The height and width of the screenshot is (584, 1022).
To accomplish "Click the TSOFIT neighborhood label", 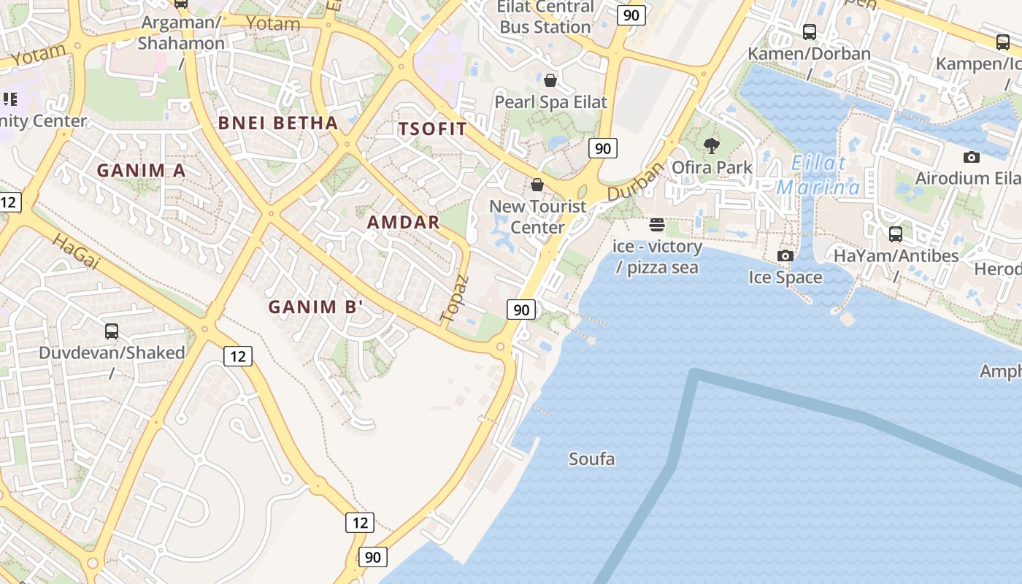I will point(432,129).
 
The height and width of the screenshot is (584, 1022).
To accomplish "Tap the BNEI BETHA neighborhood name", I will point(278,123).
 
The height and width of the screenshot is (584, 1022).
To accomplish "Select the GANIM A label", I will point(142,170).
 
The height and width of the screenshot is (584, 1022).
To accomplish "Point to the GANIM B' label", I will point(315,307).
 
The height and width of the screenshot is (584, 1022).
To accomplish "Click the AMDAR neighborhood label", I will point(404,222).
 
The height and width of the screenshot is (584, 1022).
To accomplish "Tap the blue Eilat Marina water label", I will point(818,175).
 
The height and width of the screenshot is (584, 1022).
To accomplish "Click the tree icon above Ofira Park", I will point(712,146).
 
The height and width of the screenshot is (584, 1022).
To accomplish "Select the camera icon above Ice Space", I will point(785,255).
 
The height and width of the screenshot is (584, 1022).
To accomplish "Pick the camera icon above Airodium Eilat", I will point(971,157).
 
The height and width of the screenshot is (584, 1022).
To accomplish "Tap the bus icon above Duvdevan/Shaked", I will point(112,331).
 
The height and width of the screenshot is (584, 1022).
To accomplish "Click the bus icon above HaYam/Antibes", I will point(896,234).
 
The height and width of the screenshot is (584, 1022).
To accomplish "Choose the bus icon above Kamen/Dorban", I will point(810,32).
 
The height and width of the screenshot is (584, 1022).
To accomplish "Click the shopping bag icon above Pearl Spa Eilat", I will point(550,80).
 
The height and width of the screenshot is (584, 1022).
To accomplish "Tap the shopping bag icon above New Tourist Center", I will point(537,185).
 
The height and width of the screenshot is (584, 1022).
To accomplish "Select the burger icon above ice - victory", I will point(657,224).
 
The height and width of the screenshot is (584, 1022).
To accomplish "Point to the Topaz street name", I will point(454,299).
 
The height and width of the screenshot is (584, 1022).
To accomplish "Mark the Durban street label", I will point(637,181).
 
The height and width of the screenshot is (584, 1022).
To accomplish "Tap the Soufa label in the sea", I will point(591,459).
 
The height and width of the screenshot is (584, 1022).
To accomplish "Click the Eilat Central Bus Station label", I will point(545,17).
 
